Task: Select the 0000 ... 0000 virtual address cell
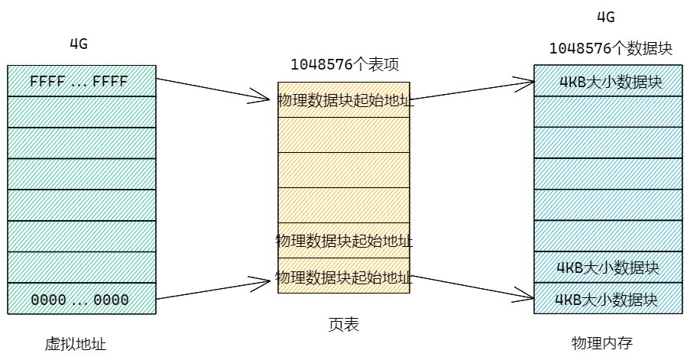coord(79,299)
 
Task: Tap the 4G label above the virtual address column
coord(79,44)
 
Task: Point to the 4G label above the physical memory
coord(604,18)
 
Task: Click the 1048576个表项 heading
coord(345,64)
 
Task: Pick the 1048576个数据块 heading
coord(611,49)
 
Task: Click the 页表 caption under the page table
coord(344,326)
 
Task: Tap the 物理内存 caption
coord(602,342)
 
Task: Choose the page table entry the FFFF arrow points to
coord(344,99)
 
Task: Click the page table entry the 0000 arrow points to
coord(344,277)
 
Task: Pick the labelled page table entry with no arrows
coord(344,241)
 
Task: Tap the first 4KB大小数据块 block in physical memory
coord(609,81)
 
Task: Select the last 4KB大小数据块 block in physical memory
coord(609,299)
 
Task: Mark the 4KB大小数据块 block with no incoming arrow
coord(609,268)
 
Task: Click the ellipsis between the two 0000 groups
coord(79,300)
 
